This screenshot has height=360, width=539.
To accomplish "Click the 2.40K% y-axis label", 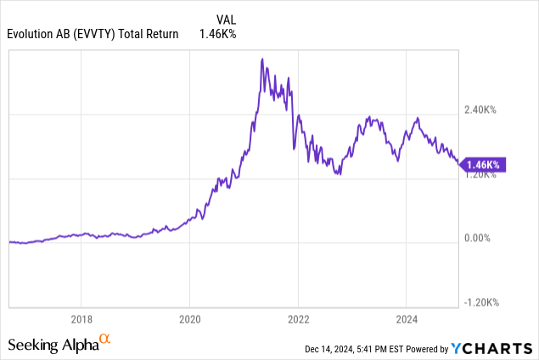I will [480, 110].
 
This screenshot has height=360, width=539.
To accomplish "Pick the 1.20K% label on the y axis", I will [480, 174].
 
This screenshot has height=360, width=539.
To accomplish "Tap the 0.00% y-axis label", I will [477, 239].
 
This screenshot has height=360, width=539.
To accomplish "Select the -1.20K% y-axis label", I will [480, 302].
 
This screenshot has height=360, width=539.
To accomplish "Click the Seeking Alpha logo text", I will [53, 344].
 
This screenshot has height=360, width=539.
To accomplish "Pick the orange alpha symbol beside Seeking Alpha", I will [105, 340].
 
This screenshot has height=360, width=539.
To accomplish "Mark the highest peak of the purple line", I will [262, 59].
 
